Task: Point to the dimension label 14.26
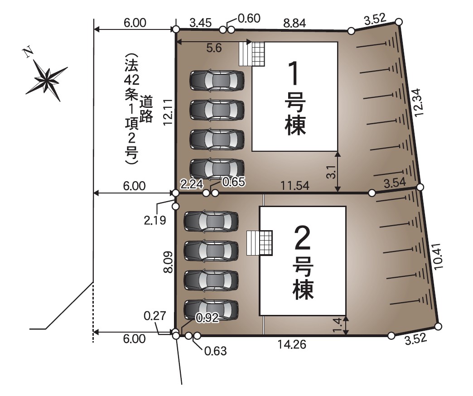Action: (292, 345)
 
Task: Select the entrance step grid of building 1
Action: (252, 54)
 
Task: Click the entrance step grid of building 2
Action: (260, 243)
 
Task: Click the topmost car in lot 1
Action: (217, 80)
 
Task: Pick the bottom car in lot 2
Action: (211, 310)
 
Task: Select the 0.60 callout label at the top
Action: (249, 19)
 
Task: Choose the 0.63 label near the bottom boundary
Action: (214, 350)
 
